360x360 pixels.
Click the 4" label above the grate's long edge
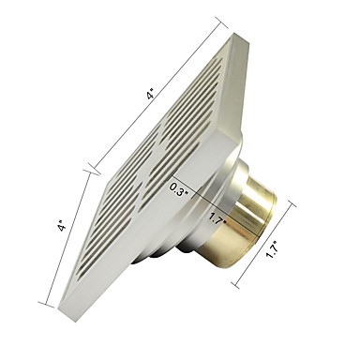click(151, 94)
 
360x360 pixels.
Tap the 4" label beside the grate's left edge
click(62, 226)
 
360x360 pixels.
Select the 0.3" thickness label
click(179, 189)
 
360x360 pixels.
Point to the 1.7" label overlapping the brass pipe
click(217, 217)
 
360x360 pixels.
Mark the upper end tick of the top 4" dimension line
click(220, 23)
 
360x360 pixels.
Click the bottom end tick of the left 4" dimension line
click(46, 305)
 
